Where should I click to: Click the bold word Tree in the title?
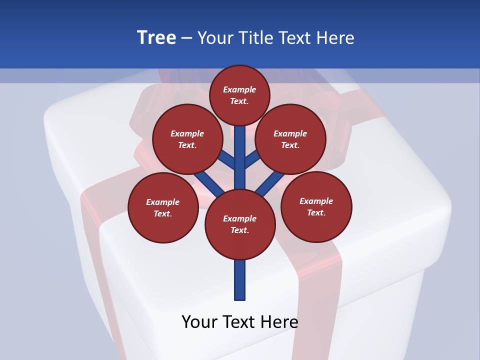(156, 37)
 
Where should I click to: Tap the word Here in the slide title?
(334, 37)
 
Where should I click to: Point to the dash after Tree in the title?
(186, 38)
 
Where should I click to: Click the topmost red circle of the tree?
(239, 95)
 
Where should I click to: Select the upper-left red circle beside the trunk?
(187, 139)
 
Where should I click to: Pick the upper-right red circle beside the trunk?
(290, 139)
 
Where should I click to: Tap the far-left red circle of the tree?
(162, 207)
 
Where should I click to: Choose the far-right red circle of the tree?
(316, 206)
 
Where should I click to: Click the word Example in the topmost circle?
(239, 89)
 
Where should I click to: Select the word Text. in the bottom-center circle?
(239, 230)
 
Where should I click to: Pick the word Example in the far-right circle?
(316, 201)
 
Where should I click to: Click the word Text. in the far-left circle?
(162, 213)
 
